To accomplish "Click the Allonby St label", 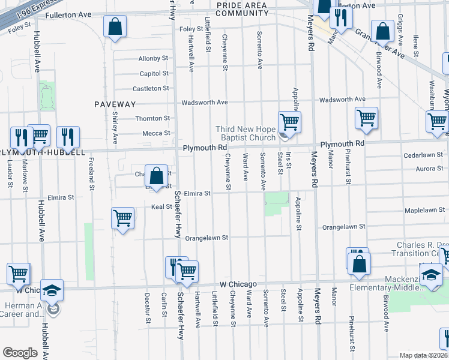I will click(153, 59).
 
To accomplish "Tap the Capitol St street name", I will click(154, 73).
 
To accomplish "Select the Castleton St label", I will click(151, 88).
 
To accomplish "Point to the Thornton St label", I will click(152, 119).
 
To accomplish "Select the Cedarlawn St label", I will click(423, 155).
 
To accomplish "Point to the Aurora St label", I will click(429, 169).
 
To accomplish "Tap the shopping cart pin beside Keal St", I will click(122, 218).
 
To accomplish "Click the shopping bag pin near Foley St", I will click(115, 27).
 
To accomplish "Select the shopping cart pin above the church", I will click(289, 122).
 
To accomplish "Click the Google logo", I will click(20, 353).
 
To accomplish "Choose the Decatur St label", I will click(147, 307).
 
